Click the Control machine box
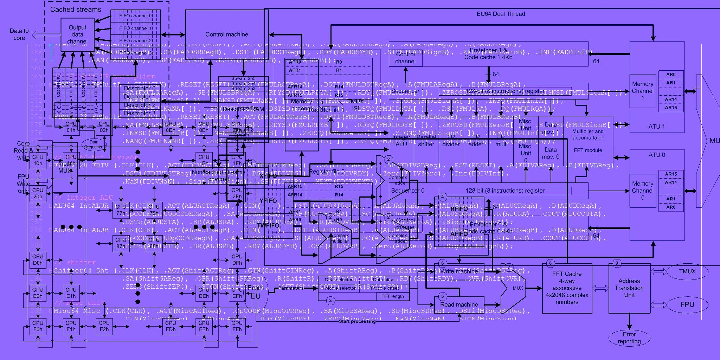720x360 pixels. (226, 34)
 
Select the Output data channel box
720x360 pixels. (77, 34)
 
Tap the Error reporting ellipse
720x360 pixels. (629, 338)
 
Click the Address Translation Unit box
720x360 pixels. (629, 288)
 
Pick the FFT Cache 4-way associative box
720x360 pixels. (567, 288)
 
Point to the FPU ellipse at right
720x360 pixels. (687, 305)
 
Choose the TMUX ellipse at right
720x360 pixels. (687, 271)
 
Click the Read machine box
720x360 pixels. (459, 304)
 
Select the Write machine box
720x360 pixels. (459, 271)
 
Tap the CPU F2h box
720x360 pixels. (104, 326)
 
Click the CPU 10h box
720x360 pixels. (38, 160)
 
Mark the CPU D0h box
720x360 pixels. (38, 260)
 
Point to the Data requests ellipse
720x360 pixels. (94, 144)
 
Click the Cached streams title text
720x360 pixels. (76, 9)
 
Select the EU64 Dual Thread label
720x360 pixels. (501, 14)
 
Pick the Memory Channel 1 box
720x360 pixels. (642, 91)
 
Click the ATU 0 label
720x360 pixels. (656, 155)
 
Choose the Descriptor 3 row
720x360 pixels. (140, 113)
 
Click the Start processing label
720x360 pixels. (357, 321)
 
